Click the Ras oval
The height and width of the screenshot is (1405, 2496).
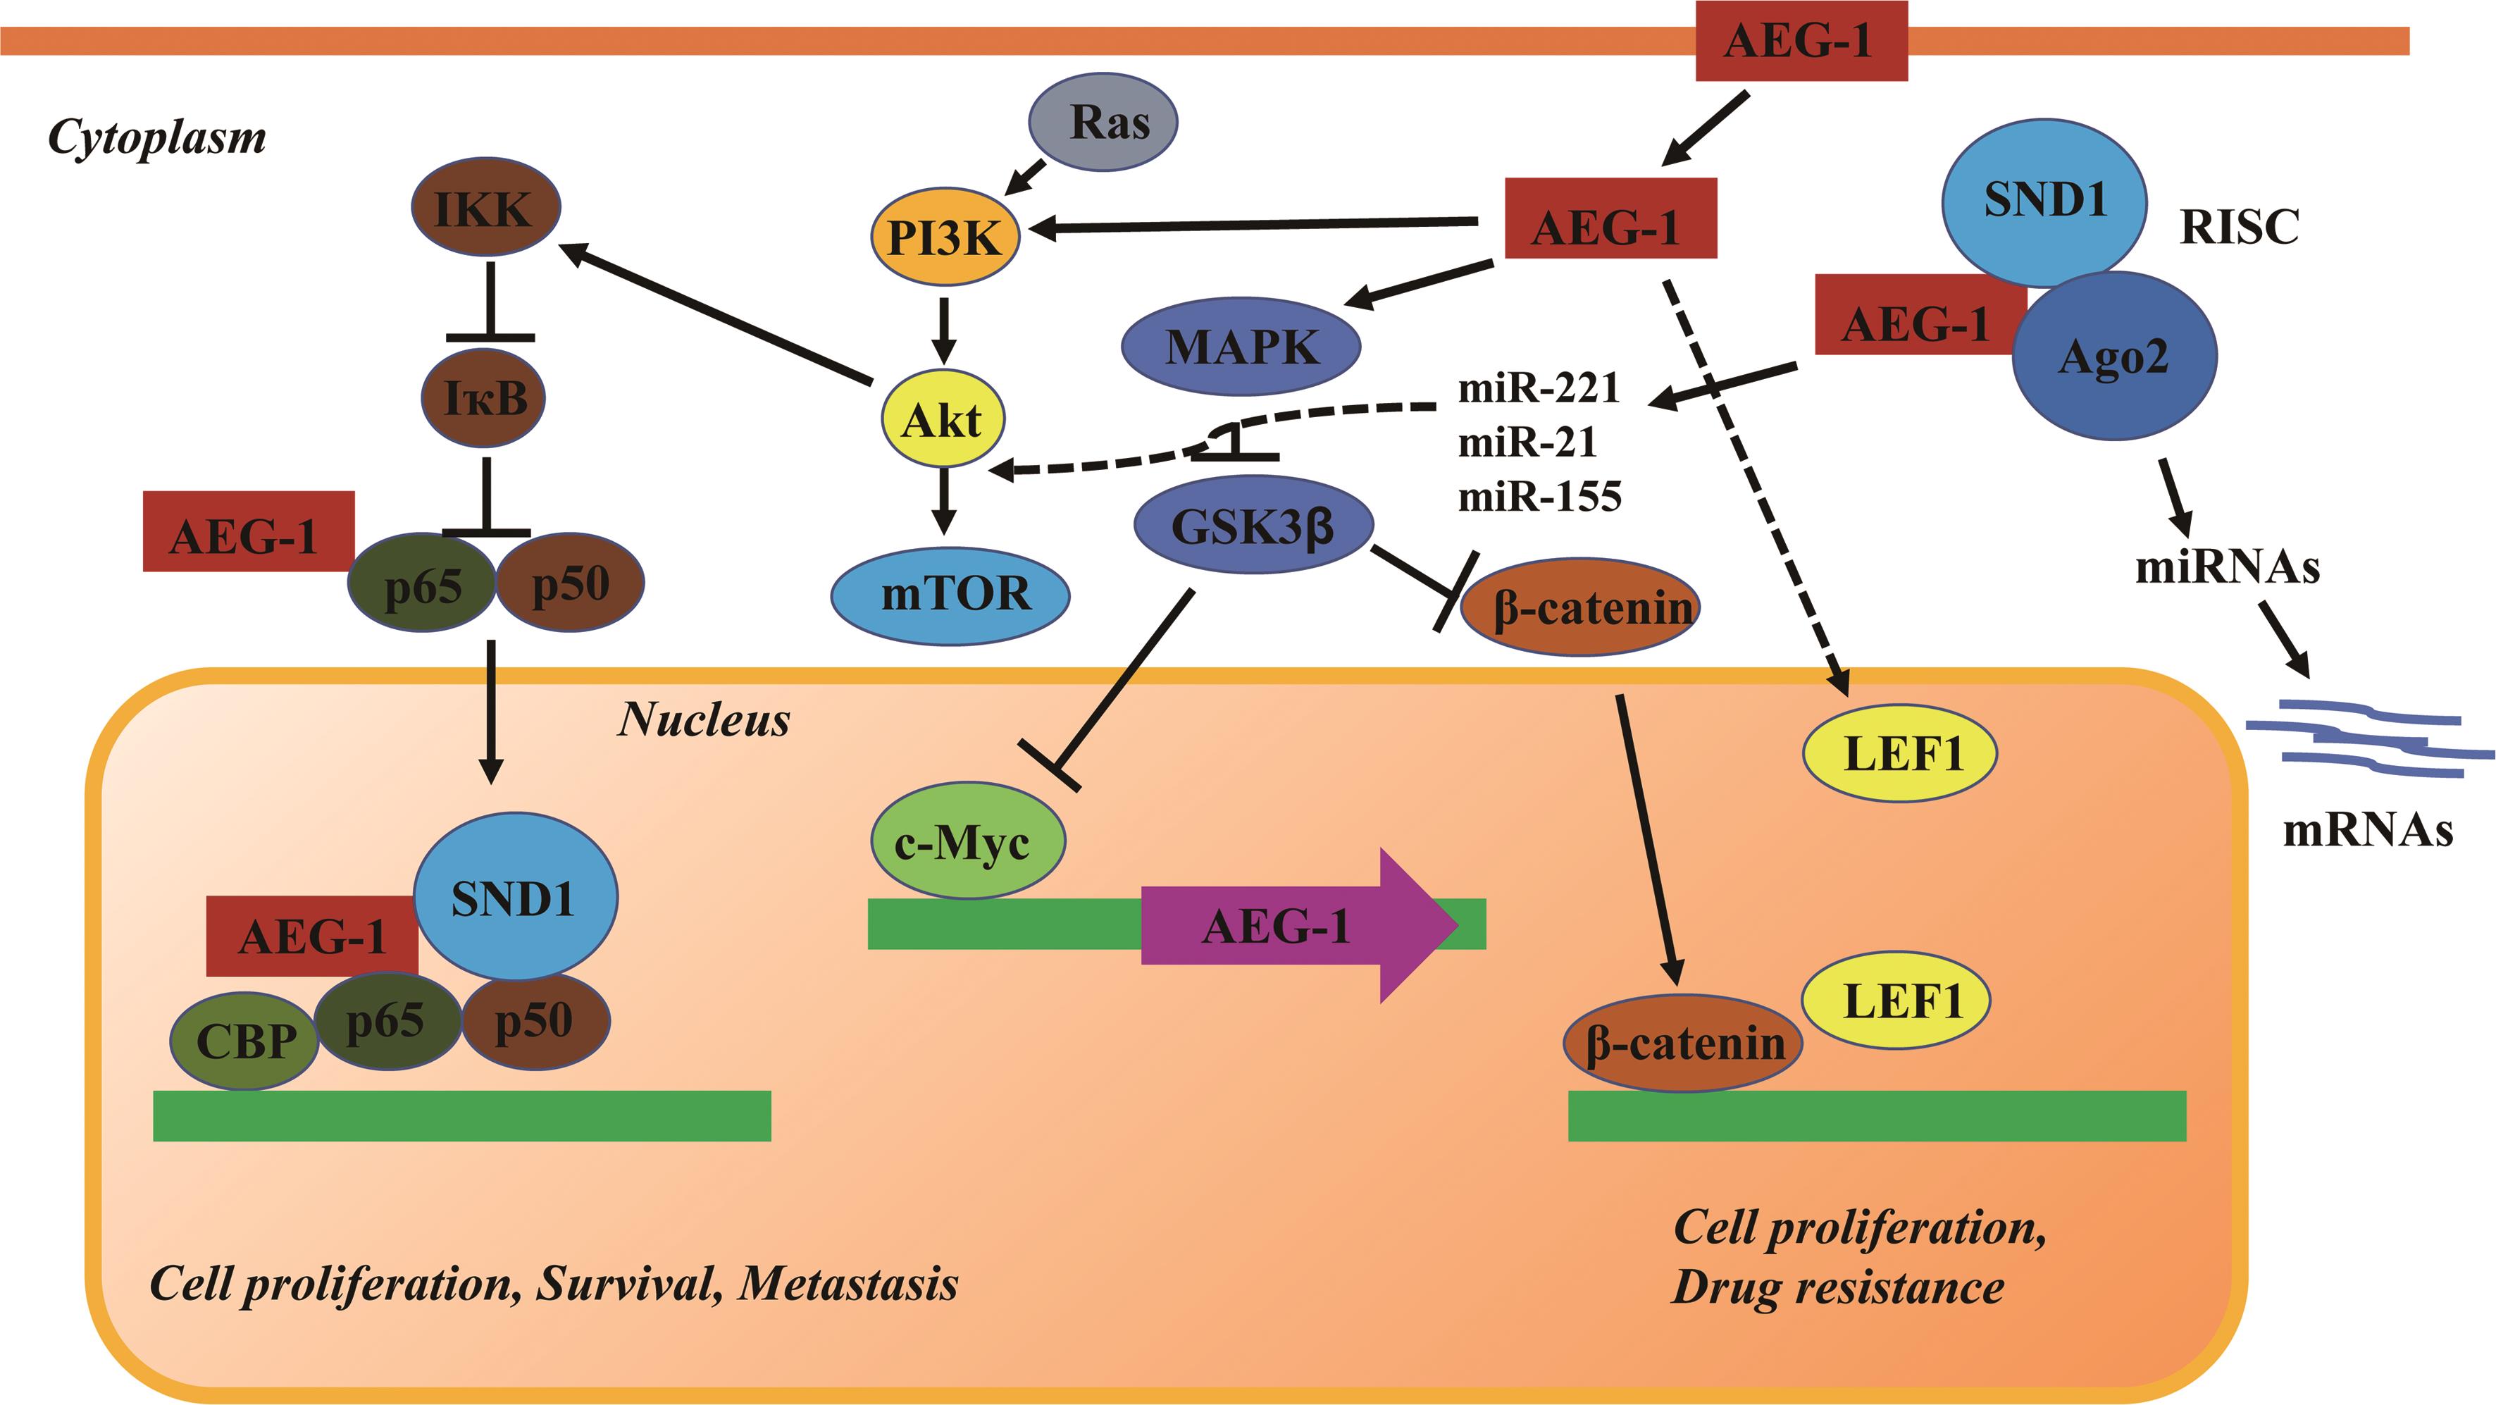coord(1103,122)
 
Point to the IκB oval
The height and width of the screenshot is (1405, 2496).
coord(483,397)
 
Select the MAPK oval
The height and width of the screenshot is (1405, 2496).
coord(1241,346)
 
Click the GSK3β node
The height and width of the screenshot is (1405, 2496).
coord(1253,526)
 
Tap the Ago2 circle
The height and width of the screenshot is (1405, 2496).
coord(2114,357)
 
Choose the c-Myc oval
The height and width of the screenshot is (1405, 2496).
coord(967,842)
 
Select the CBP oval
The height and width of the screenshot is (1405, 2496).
coord(244,1041)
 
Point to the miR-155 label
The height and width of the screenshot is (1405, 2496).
coord(1539,496)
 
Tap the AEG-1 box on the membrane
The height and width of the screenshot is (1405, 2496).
coord(1800,41)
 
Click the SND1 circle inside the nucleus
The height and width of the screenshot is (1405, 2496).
coord(514,897)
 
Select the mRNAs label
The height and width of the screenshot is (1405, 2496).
coord(2367,831)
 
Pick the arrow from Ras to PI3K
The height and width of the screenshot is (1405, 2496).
coord(1027,176)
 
